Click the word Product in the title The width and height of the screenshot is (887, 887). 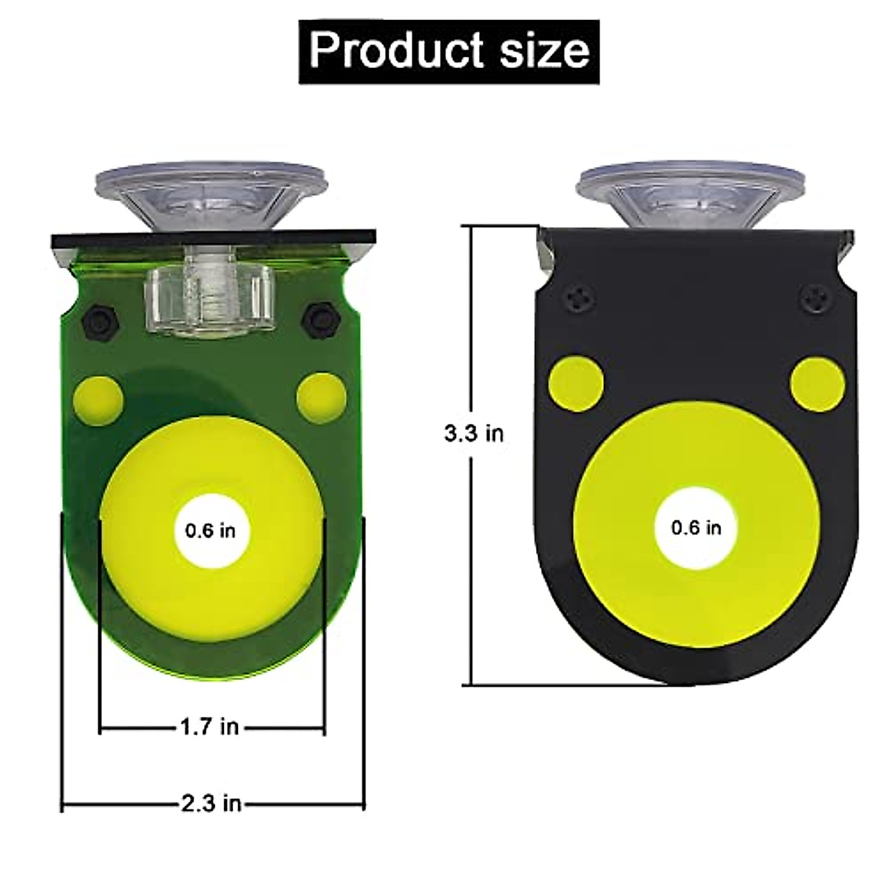(x=396, y=51)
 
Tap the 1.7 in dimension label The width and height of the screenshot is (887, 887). (x=210, y=727)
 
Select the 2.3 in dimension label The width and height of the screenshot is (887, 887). (x=211, y=803)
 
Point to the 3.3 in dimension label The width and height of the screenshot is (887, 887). (x=474, y=433)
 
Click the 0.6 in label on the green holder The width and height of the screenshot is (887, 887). (x=210, y=531)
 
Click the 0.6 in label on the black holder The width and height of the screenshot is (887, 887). (x=696, y=528)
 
